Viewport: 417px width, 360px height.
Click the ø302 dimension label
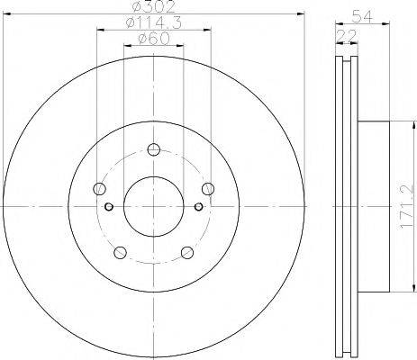[154, 6]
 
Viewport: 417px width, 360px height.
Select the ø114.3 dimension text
[154, 22]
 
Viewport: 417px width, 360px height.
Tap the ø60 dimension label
[153, 39]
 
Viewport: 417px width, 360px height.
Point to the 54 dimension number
[362, 16]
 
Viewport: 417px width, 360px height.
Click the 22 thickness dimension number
[347, 36]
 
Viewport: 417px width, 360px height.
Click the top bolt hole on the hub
[154, 149]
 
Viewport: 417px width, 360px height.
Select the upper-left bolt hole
[100, 189]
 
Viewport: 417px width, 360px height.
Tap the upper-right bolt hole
[208, 189]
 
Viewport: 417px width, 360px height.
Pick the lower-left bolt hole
[121, 252]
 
